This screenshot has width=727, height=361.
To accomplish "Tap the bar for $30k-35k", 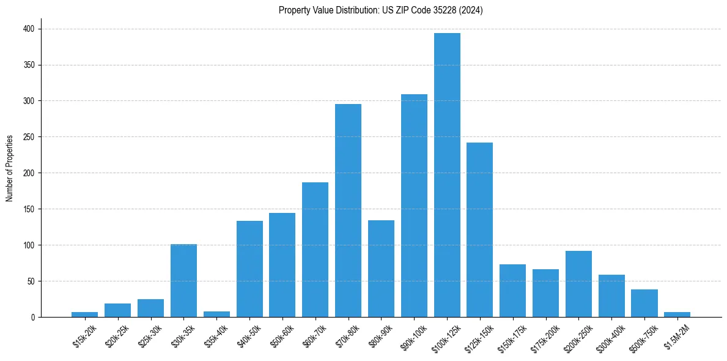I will [183, 281].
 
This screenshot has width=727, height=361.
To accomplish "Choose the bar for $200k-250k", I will [578, 284].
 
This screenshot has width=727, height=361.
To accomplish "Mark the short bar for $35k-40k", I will [216, 314].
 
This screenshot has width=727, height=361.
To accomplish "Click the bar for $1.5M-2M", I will [677, 314].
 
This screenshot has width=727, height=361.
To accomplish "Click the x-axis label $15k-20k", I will [85, 335].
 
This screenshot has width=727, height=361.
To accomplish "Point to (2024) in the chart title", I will [472, 10].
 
